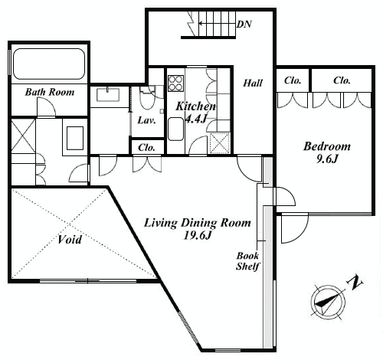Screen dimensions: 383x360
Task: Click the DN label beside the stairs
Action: (244, 25)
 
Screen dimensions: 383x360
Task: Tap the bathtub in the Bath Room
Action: (49, 64)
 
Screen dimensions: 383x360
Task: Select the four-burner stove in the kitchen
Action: (175, 83)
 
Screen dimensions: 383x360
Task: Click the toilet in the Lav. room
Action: (147, 98)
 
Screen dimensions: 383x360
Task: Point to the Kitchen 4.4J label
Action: (195, 112)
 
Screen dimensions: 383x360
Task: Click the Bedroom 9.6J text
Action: (327, 152)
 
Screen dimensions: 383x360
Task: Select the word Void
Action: (70, 240)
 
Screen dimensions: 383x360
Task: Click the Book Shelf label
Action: (247, 261)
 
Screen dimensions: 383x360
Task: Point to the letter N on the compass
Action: (354, 282)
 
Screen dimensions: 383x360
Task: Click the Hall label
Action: (253, 83)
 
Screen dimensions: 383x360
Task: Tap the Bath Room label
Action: (50, 92)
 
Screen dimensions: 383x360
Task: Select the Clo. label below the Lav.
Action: (146, 148)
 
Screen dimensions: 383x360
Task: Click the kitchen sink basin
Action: (175, 129)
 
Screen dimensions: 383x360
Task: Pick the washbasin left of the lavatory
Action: (108, 94)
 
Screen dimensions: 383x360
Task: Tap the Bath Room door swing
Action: (46, 107)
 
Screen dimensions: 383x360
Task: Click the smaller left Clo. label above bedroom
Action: (293, 80)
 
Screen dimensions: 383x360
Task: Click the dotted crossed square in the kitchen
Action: (220, 143)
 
